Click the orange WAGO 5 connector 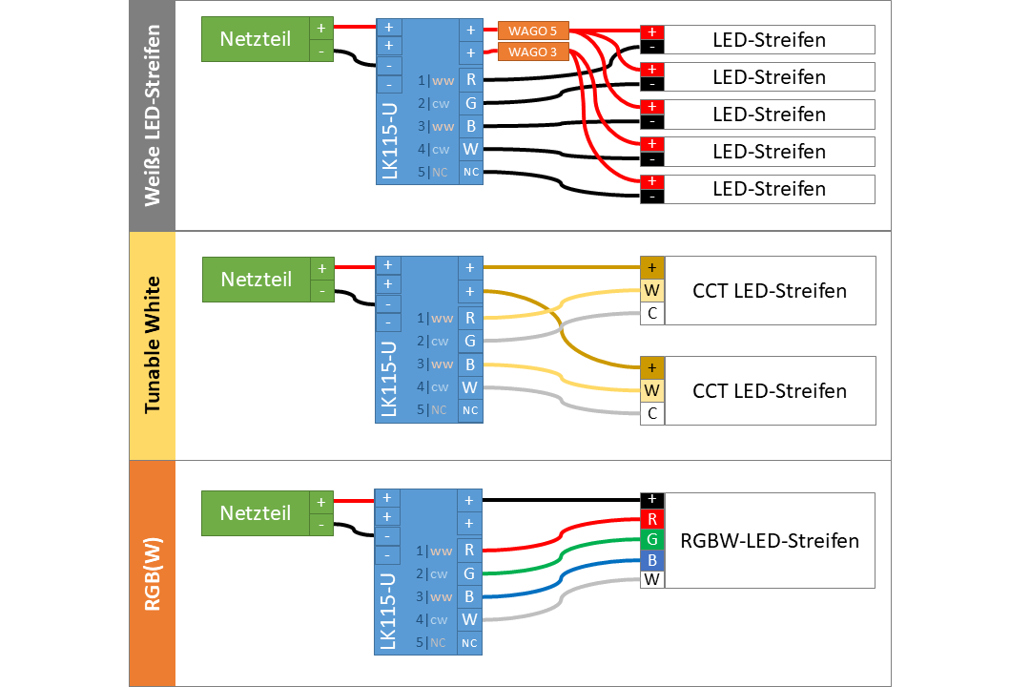[x=534, y=31]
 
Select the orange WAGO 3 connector [x=534, y=52]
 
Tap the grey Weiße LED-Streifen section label [x=152, y=115]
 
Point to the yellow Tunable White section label [x=152, y=345]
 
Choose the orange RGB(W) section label [x=152, y=573]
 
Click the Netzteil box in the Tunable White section [x=257, y=280]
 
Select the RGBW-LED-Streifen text [x=770, y=541]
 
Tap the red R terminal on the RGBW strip [x=652, y=520]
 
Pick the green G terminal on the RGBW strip [x=652, y=540]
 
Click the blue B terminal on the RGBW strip [x=652, y=559]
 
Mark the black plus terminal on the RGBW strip [x=652, y=500]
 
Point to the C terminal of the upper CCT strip [x=652, y=313]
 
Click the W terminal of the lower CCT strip [x=652, y=390]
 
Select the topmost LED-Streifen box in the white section [x=769, y=40]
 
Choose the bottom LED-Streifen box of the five [x=769, y=189]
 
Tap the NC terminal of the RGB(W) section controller [x=470, y=643]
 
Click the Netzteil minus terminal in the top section [x=321, y=51]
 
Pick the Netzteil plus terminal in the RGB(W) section [x=321, y=503]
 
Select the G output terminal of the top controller [x=470, y=102]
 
